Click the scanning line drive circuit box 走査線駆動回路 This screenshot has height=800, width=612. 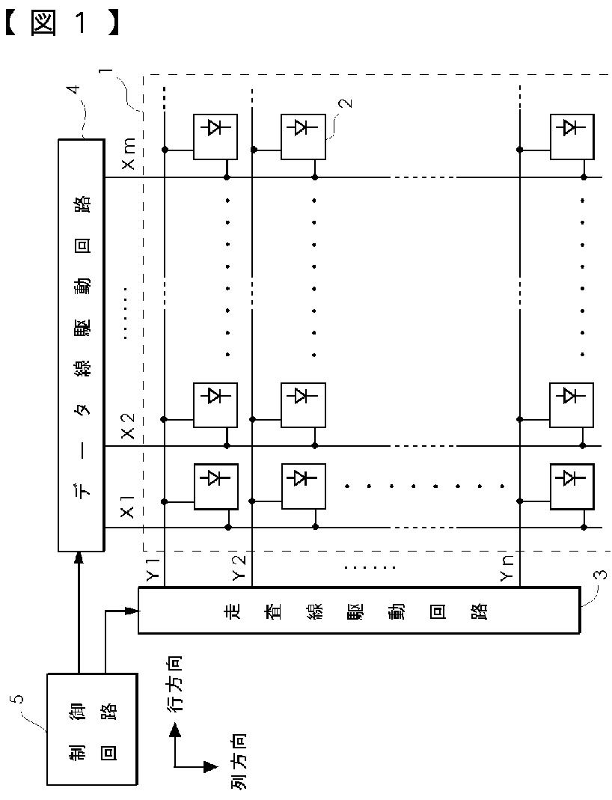point(358,610)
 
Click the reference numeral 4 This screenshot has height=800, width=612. point(73,90)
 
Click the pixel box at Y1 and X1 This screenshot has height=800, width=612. point(216,487)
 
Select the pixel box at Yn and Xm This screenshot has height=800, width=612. point(572,136)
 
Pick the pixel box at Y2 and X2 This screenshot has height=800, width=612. point(303,405)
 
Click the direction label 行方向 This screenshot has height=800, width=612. point(174,684)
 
